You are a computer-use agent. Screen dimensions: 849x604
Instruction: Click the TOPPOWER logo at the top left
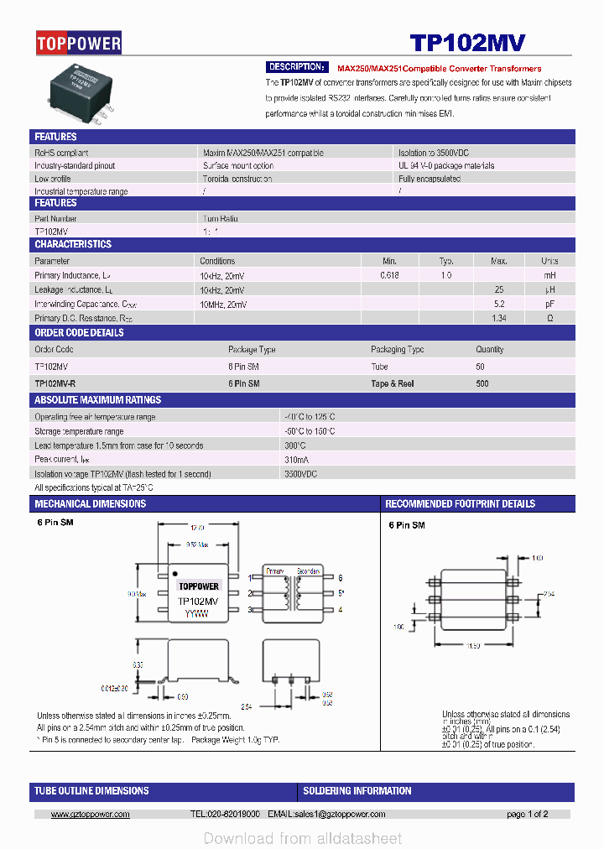(x=79, y=43)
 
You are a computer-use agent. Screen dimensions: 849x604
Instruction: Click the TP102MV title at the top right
(x=467, y=43)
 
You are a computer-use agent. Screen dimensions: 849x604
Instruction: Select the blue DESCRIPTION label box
(x=297, y=67)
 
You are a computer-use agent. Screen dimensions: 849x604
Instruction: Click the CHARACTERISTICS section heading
(x=73, y=244)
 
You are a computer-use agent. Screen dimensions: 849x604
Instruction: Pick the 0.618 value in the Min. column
(x=389, y=275)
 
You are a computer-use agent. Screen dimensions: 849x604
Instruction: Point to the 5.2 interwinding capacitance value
(x=499, y=304)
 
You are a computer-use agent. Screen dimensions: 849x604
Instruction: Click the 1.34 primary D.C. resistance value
(x=499, y=318)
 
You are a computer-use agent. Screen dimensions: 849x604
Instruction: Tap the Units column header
(x=549, y=261)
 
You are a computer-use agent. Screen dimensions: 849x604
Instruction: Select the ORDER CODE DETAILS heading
(x=79, y=332)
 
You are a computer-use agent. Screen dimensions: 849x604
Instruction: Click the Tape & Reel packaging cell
(x=392, y=383)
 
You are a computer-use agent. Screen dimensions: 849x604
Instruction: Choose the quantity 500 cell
(x=482, y=383)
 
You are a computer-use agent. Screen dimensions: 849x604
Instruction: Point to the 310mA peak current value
(x=297, y=460)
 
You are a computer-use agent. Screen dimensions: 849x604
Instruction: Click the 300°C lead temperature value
(x=295, y=445)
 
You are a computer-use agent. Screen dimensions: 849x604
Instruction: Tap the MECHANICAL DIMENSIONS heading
(x=90, y=504)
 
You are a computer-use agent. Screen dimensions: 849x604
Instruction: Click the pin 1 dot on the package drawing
(x=176, y=575)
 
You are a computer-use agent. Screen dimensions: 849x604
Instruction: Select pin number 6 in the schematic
(x=341, y=578)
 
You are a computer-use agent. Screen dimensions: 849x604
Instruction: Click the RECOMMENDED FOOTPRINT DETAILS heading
(x=460, y=504)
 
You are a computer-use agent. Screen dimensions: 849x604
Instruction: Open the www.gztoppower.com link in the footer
(x=91, y=815)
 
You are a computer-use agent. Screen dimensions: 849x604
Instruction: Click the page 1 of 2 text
(x=528, y=815)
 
